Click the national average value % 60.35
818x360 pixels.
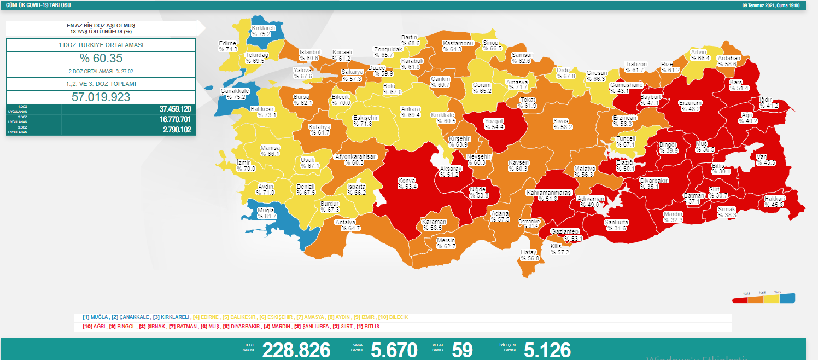click(101, 59)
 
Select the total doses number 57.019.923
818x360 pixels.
click(101, 97)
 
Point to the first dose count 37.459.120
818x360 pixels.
click(174, 109)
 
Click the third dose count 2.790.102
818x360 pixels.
click(174, 130)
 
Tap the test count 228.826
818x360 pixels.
click(296, 350)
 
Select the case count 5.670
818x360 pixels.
click(394, 350)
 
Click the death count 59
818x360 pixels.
click(462, 350)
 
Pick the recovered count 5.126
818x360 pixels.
click(547, 350)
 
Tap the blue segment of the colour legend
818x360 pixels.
click(787, 299)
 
